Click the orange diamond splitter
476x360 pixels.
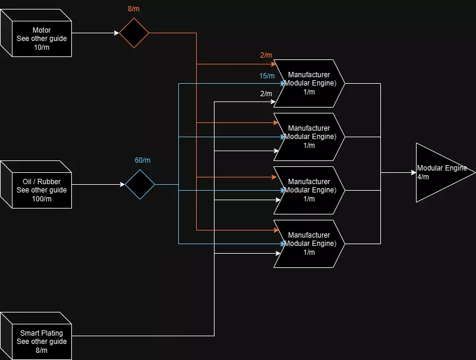coord(134,33)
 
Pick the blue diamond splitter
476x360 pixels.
coord(140,185)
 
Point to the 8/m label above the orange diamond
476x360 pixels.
coord(134,10)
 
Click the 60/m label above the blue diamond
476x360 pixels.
coord(143,160)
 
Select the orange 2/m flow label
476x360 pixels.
coord(266,55)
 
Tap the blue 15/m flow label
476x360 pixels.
coord(267,76)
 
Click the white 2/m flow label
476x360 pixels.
coord(266,94)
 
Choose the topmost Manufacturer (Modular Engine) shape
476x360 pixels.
coord(308,84)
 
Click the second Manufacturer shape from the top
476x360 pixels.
coord(308,137)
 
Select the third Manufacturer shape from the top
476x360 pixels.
coord(308,191)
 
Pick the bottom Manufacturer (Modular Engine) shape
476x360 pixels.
coord(308,244)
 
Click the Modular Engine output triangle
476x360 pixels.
coord(440,173)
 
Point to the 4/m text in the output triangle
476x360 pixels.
coord(423,177)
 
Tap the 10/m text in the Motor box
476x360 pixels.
coord(42,48)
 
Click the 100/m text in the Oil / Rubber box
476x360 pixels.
coord(42,199)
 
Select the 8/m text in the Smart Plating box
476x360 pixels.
coord(42,350)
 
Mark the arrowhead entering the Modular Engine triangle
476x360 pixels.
coord(413,173)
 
